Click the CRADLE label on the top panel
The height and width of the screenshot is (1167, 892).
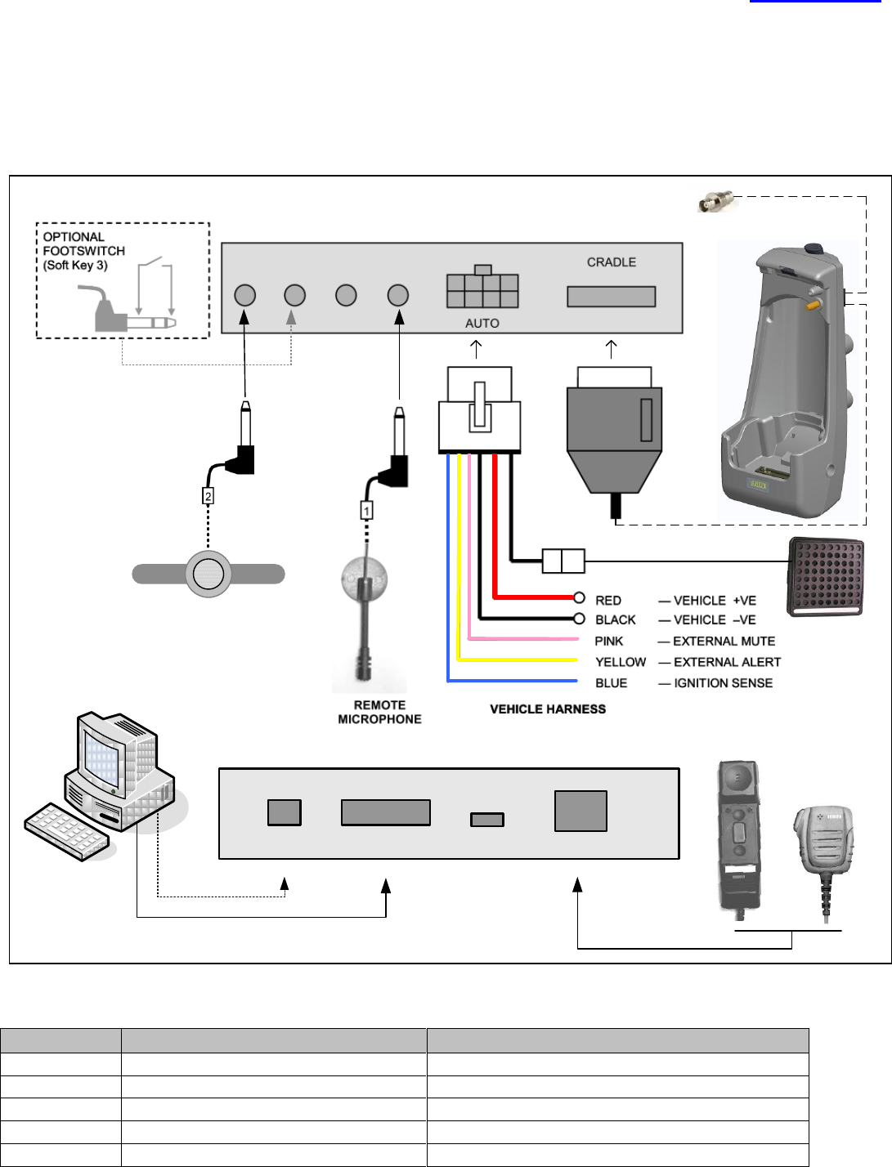[x=612, y=262]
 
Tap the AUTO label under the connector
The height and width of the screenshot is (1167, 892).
[x=482, y=324]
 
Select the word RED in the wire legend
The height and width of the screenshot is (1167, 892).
[x=608, y=600]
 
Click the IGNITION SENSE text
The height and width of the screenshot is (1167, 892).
[x=723, y=683]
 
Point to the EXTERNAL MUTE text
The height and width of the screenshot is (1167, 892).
[x=724, y=642]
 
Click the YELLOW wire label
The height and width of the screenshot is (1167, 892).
[x=621, y=662]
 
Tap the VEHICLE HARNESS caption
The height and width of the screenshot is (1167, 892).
[x=548, y=709]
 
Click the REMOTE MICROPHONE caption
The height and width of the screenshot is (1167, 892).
[x=380, y=712]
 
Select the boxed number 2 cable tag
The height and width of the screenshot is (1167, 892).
[x=208, y=496]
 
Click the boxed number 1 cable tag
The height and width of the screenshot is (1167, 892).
[x=366, y=511]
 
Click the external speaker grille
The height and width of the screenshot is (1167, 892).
[x=826, y=577]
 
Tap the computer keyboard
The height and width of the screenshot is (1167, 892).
[x=67, y=831]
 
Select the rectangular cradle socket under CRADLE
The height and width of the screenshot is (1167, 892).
[x=612, y=297]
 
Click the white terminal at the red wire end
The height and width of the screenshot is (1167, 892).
[x=579, y=597]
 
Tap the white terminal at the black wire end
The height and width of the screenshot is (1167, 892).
[x=579, y=619]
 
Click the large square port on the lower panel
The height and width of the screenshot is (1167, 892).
[x=580, y=811]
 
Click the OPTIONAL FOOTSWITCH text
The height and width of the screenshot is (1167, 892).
[x=84, y=244]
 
